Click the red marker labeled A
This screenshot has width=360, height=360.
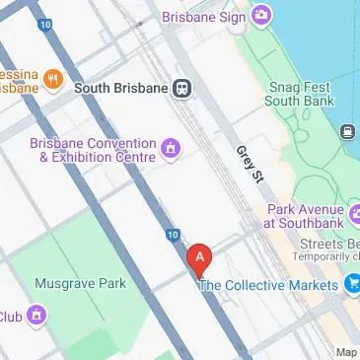200,258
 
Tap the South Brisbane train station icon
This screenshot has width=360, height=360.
182,88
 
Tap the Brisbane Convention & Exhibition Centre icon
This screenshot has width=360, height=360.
171,149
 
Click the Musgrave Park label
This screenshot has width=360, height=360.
81,283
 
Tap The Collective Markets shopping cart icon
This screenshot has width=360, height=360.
352,285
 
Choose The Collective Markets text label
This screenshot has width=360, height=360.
268,285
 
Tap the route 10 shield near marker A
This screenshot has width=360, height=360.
173,235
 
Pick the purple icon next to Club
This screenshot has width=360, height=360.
36,316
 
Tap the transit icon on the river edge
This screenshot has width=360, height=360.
348,131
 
